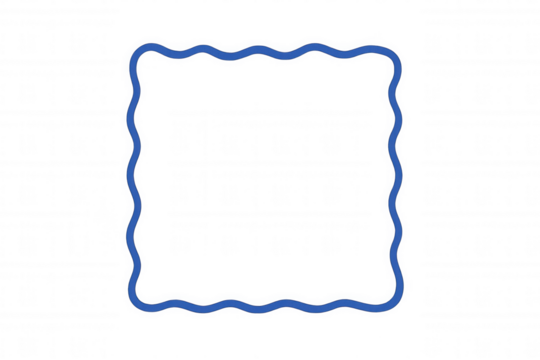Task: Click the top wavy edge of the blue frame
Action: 266,44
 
